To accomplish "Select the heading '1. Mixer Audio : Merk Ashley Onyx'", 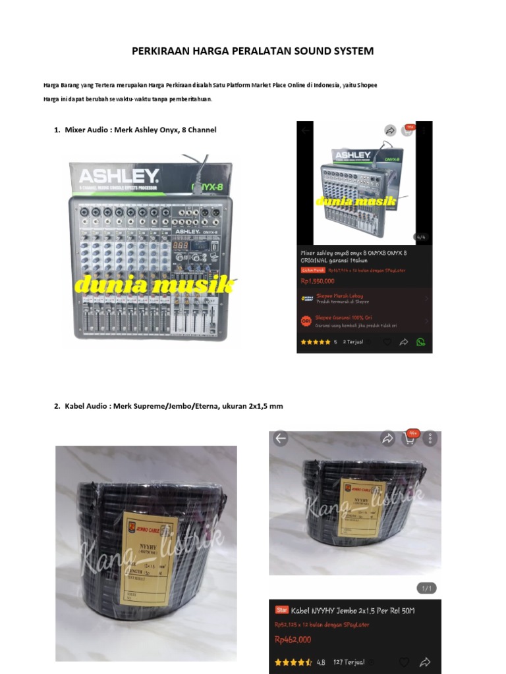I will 135,130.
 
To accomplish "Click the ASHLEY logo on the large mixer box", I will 119,176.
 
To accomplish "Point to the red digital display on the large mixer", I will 181,245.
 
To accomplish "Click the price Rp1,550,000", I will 318,281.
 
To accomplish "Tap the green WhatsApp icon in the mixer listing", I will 421,342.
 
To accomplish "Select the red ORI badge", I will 306,321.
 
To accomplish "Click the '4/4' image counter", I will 419,237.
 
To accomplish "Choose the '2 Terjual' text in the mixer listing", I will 353,342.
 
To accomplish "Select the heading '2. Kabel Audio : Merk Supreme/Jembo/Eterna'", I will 169,406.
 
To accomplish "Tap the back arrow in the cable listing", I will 281,438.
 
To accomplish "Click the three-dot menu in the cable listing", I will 430,438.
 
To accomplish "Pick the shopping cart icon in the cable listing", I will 408,438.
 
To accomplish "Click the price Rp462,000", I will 293,639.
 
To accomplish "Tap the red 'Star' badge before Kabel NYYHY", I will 281,610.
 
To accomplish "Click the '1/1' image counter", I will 426,588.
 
